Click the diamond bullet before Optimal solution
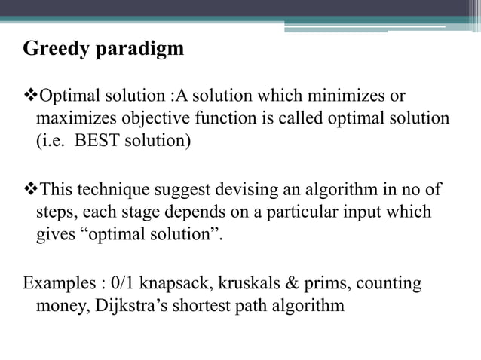pyautogui.click(x=30, y=96)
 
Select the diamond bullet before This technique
pyautogui.click(x=30, y=189)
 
